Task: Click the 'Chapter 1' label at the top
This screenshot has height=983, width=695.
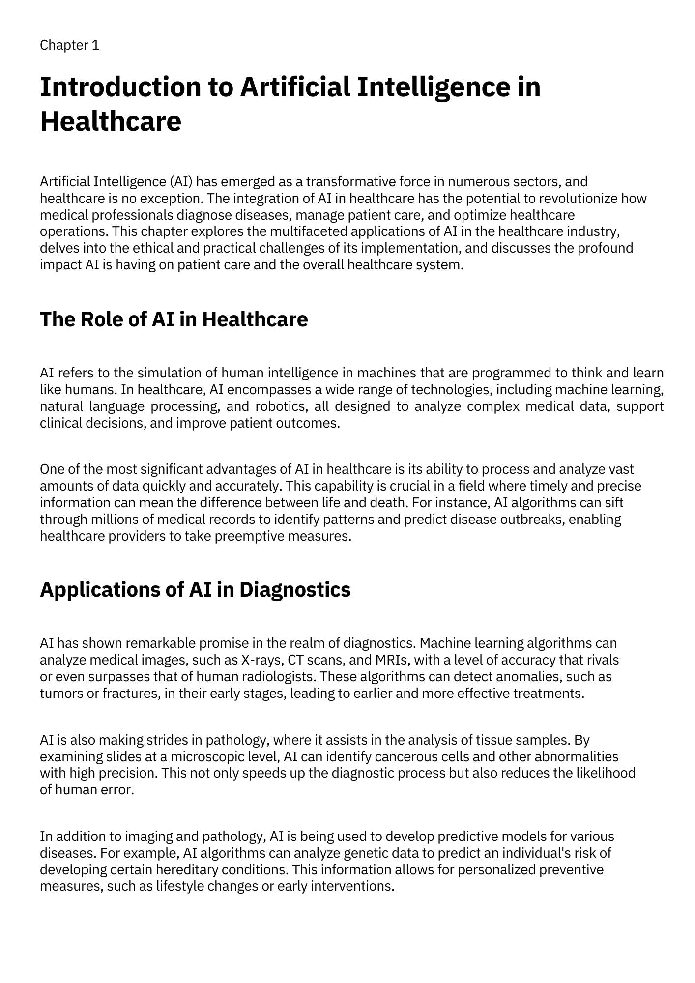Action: (69, 45)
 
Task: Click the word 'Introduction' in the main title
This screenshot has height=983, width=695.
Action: (120, 87)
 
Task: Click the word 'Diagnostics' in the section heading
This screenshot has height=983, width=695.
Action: (295, 589)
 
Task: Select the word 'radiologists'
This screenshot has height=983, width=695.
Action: (279, 677)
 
